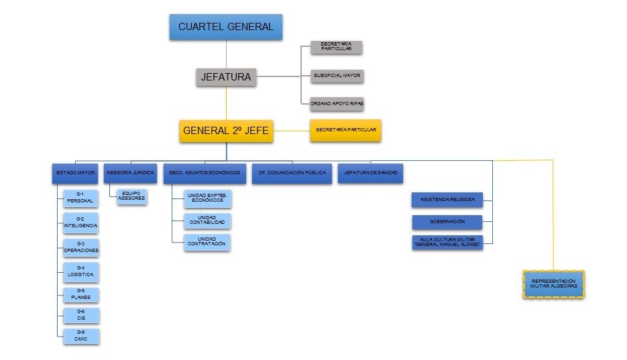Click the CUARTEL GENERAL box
point(226,27)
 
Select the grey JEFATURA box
point(226,77)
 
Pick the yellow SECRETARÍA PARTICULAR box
point(345,130)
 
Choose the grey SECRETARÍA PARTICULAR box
point(336,47)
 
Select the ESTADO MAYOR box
point(76,173)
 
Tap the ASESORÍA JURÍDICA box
point(131,173)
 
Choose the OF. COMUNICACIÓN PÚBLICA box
point(291,173)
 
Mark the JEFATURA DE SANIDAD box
point(371,173)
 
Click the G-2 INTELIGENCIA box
point(80,222)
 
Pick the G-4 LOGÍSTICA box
point(80,272)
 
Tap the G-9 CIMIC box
point(80,336)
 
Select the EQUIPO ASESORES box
point(131,196)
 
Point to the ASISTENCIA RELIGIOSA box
point(447,200)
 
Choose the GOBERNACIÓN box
point(447,221)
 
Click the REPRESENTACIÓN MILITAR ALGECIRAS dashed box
point(553,284)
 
